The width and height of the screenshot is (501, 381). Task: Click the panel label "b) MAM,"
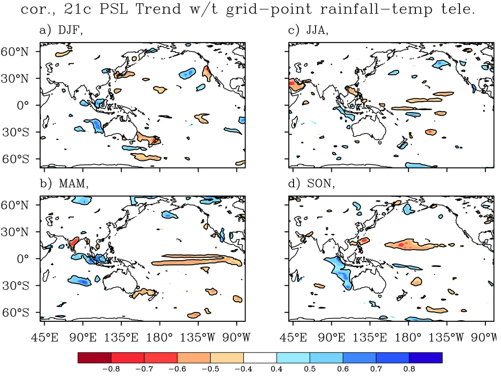point(63,184)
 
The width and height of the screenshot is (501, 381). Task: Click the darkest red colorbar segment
point(94,358)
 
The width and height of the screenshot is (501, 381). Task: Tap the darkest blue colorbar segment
point(426,358)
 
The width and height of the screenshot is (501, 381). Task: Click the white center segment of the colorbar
point(260,358)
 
